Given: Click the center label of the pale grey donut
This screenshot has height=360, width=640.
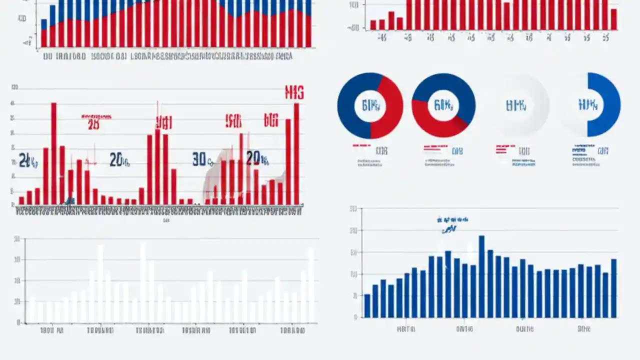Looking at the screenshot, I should (x=516, y=105).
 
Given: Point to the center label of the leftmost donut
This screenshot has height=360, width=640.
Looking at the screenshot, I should (x=370, y=105).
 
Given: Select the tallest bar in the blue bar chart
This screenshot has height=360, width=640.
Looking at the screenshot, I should (x=481, y=276).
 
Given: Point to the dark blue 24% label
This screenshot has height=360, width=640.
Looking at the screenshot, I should (x=27, y=160).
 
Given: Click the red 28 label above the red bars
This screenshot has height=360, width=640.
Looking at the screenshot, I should (x=93, y=124).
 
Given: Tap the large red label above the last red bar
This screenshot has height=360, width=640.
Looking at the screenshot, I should (x=294, y=92).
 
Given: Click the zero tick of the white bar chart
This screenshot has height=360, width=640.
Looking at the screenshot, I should (x=18, y=323).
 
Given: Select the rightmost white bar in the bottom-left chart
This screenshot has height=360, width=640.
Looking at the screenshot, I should (x=311, y=285).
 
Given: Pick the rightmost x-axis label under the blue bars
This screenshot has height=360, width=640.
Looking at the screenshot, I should (x=583, y=329).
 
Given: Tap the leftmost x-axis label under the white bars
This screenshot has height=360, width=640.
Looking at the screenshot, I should (x=51, y=330).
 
